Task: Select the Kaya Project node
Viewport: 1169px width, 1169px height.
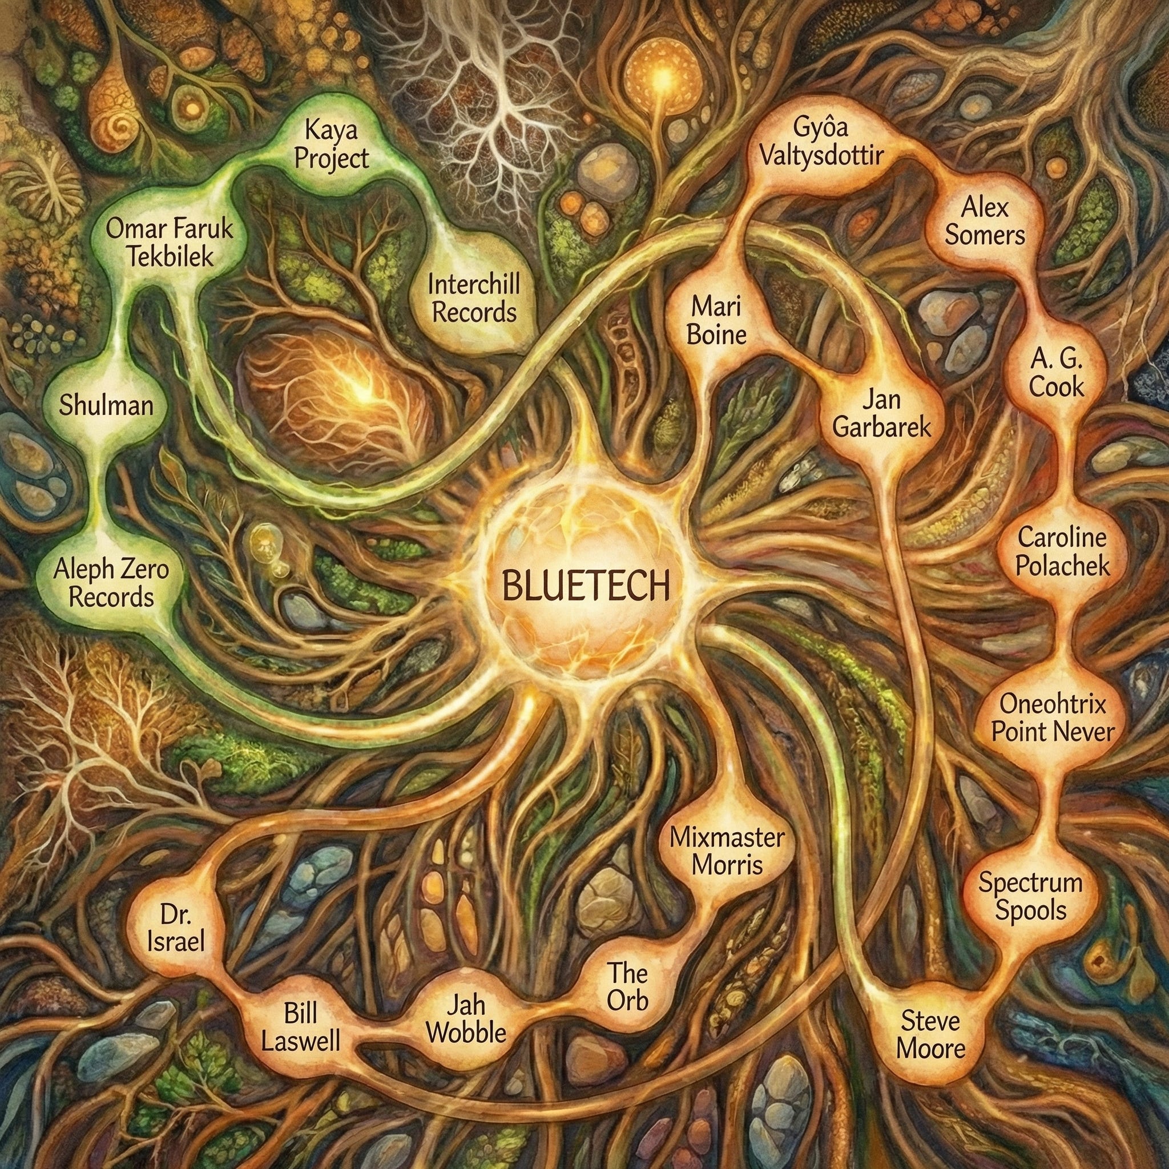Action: (331, 145)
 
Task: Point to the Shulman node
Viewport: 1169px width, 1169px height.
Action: (106, 405)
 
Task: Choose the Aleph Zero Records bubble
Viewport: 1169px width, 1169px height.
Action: (111, 585)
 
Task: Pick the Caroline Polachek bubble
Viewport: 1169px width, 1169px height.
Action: (1062, 553)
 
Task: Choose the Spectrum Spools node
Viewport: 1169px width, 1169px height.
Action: (1030, 896)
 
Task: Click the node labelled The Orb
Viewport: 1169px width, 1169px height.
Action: (627, 987)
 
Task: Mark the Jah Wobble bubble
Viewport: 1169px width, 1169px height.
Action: (466, 1021)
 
